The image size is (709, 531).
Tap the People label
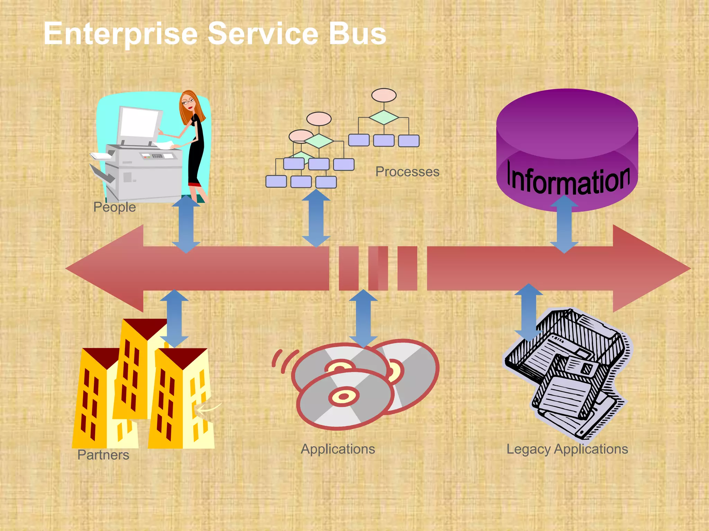pyautogui.click(x=115, y=207)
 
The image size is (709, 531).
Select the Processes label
pyautogui.click(x=407, y=172)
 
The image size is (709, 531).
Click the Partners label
pyautogui.click(x=103, y=455)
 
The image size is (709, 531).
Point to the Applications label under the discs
pyautogui.click(x=338, y=449)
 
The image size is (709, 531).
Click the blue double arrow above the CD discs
pyautogui.click(x=363, y=318)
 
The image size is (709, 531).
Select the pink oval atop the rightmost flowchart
pyautogui.click(x=384, y=95)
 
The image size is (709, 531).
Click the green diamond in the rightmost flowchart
pyautogui.click(x=384, y=118)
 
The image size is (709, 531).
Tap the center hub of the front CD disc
pyautogui.click(x=344, y=396)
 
